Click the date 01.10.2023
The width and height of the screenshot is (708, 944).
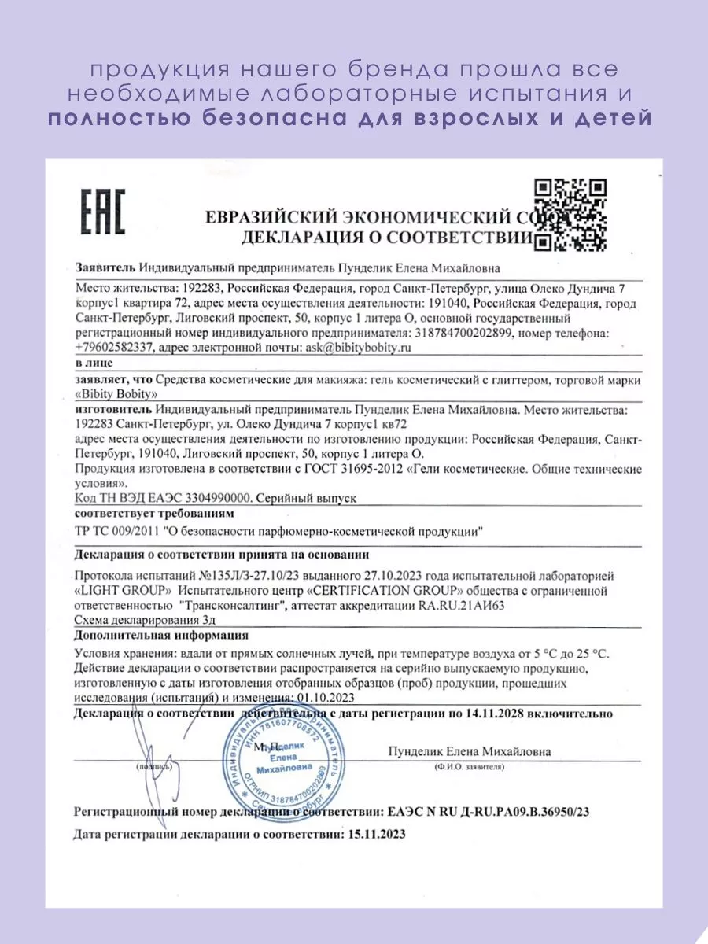325,697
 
